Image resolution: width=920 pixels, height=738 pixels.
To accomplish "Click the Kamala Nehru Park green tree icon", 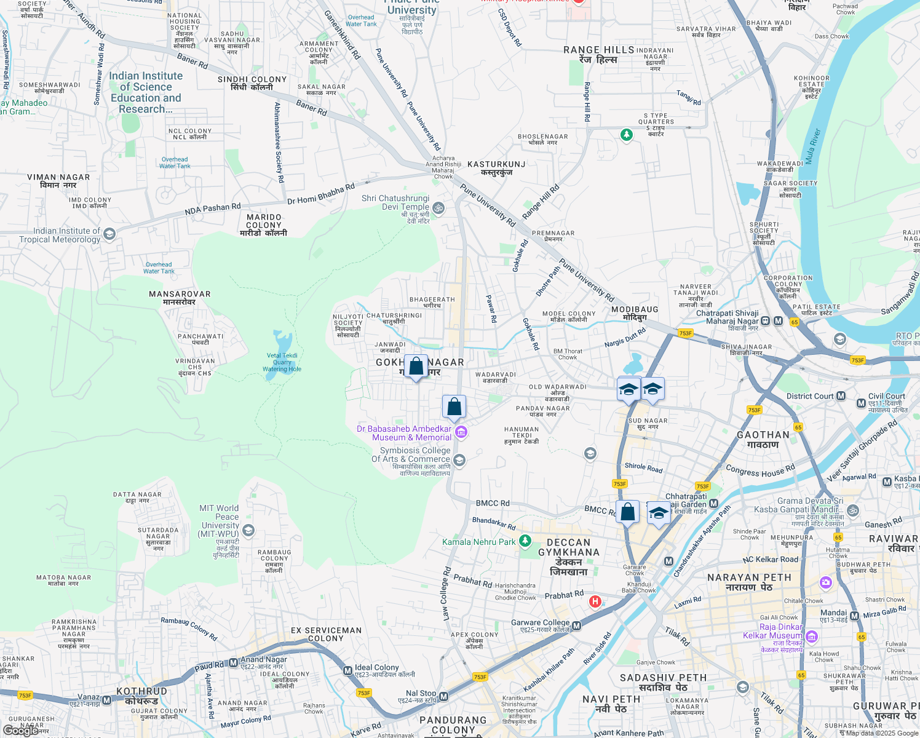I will pyautogui.click(x=525, y=541).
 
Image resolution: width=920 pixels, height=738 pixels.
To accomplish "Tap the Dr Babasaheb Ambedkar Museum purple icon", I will pyautogui.click(x=461, y=432).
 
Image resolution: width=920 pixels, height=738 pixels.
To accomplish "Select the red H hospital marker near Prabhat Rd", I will pyautogui.click(x=595, y=601).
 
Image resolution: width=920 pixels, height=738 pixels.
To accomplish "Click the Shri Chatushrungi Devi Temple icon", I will pyautogui.click(x=438, y=208).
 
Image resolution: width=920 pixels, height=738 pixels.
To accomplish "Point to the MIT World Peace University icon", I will pyautogui.click(x=248, y=530).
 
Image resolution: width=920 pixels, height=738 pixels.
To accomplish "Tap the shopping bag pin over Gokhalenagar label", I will pyautogui.click(x=416, y=367).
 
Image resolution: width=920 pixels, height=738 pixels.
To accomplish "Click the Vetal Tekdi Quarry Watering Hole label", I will pyautogui.click(x=282, y=362).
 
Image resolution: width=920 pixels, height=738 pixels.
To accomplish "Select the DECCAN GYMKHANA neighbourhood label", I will pyautogui.click(x=568, y=552).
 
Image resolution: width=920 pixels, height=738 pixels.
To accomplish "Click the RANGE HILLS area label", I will pyautogui.click(x=598, y=50).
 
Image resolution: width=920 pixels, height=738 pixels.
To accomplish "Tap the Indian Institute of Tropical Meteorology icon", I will pyautogui.click(x=109, y=234).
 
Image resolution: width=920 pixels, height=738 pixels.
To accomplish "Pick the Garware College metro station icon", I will pyautogui.click(x=576, y=626).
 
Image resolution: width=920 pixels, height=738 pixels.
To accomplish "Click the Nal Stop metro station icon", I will pyautogui.click(x=443, y=696).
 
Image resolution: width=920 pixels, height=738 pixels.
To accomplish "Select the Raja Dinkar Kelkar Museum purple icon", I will pyautogui.click(x=811, y=636).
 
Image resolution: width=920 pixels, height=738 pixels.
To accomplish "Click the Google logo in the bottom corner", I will pyautogui.click(x=20, y=730).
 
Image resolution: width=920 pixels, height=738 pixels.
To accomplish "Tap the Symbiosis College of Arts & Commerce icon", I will pyautogui.click(x=459, y=460).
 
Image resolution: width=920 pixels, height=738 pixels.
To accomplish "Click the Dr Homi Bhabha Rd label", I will pyautogui.click(x=321, y=194).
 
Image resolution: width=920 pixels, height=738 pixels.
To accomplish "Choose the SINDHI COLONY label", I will pyautogui.click(x=252, y=79).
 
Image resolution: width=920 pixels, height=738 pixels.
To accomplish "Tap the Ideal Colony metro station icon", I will pyautogui.click(x=347, y=670).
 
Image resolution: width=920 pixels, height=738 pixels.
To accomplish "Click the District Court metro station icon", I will pyautogui.click(x=841, y=396).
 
